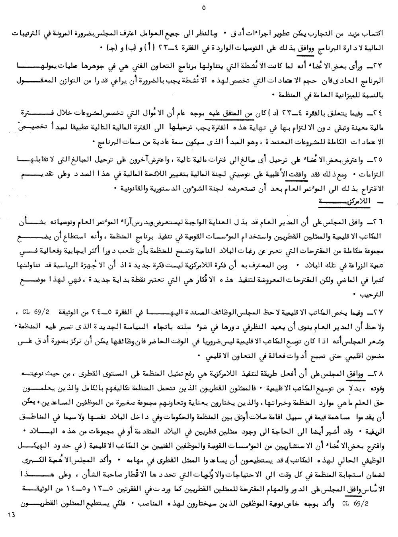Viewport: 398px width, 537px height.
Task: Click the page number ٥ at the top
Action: (204, 7)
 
